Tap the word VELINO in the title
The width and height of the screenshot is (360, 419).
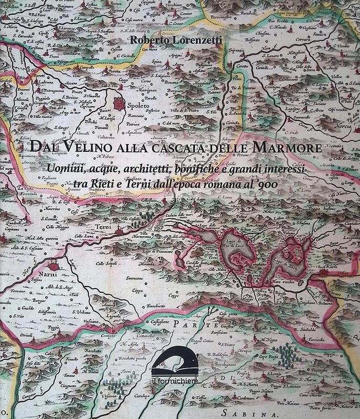[x=78, y=148]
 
